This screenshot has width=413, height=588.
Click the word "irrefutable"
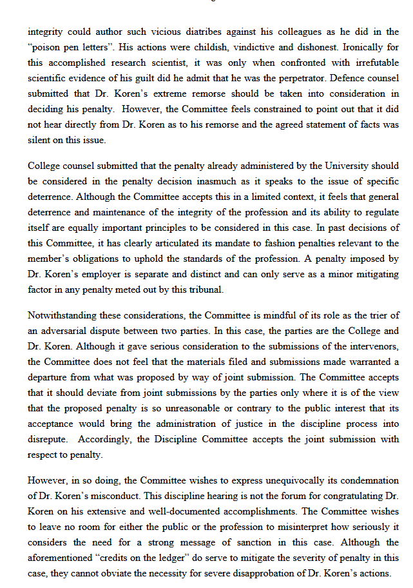[369, 63]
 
